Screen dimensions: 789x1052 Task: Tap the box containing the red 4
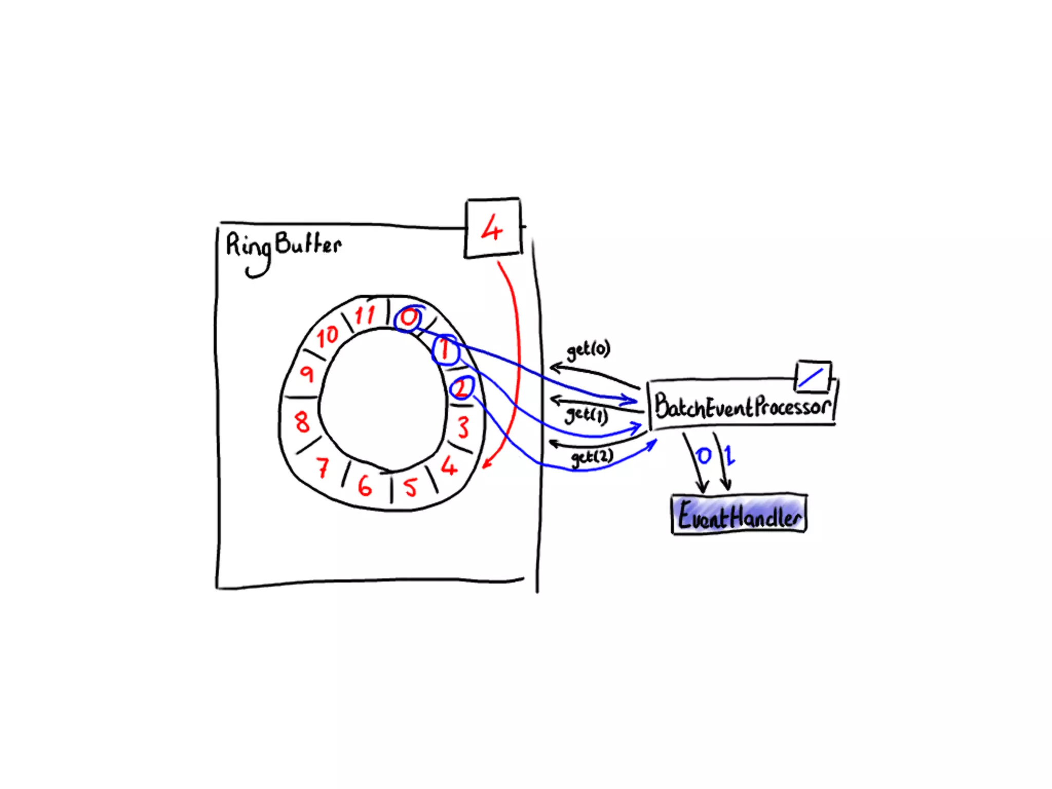(493, 228)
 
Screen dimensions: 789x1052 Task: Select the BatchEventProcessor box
(742, 406)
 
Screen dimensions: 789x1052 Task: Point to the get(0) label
(588, 350)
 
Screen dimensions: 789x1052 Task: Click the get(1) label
(586, 415)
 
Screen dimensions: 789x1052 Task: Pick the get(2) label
(592, 457)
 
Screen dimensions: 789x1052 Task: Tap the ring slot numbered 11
(365, 314)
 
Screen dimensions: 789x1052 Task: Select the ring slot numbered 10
(327, 336)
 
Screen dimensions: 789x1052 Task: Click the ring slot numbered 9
(307, 373)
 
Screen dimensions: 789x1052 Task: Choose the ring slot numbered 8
(302, 422)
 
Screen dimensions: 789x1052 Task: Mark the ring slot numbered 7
(323, 467)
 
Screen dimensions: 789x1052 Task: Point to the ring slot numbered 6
(365, 485)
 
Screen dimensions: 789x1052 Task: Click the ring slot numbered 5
(410, 487)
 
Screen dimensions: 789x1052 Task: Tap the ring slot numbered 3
(463, 427)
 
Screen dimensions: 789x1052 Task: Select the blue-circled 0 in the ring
(409, 318)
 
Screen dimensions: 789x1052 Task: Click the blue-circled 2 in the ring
(462, 388)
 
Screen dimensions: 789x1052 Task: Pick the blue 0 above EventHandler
(703, 455)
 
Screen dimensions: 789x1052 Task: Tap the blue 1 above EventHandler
(729, 455)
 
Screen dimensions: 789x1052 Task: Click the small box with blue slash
(813, 377)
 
